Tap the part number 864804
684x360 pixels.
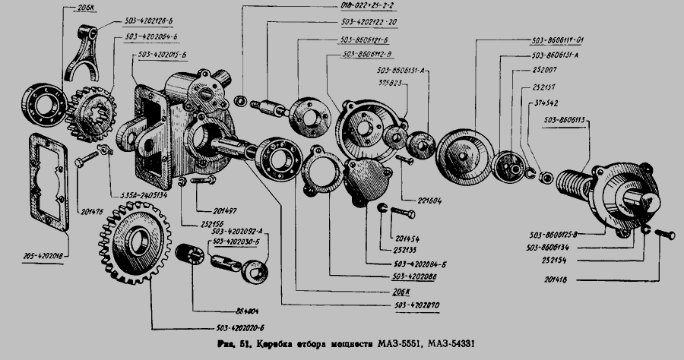tap(205, 311)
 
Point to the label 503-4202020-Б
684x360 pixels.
tap(179, 329)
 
